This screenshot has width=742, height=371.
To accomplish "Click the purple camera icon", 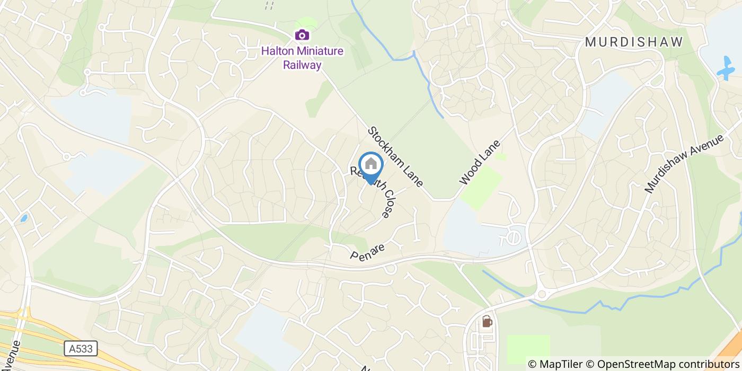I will coord(302,35).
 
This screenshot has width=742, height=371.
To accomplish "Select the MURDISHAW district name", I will coord(634,42).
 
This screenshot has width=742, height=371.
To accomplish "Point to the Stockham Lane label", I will coord(396,156).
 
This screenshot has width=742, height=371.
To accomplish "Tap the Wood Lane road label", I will coord(480,162).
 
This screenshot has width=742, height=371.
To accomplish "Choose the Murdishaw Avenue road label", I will coord(684,164).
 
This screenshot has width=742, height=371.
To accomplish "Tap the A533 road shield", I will coord(81,348).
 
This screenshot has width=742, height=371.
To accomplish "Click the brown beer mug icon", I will coord(486,322).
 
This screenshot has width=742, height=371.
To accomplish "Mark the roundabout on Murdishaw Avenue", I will coord(541,294).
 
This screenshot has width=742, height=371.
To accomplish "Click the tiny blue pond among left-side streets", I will coord(24,218).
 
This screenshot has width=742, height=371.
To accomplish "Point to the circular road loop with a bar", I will coord(514,235).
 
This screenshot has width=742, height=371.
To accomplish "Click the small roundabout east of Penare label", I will coord(391,269).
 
